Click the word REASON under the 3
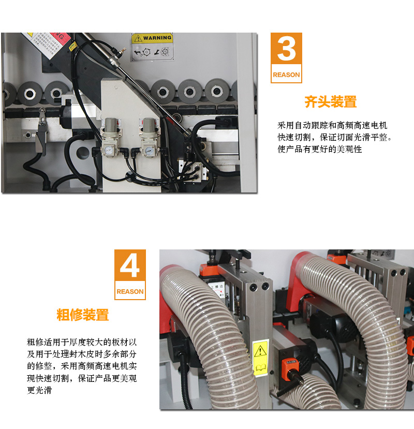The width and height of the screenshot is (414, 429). tap(286, 75)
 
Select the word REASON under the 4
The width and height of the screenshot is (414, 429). tap(130, 291)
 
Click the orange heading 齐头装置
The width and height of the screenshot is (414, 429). tap(330, 102)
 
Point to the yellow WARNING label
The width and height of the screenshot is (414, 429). tap(152, 38)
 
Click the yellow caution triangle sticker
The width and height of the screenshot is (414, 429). tap(261, 352)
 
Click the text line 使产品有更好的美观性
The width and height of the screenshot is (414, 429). tap(319, 150)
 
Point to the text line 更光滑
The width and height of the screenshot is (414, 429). tap(39, 391)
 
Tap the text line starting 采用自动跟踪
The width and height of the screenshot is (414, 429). tap(332, 126)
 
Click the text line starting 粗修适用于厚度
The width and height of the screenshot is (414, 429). tap(82, 342)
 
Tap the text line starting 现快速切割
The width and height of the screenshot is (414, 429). tap(82, 379)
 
